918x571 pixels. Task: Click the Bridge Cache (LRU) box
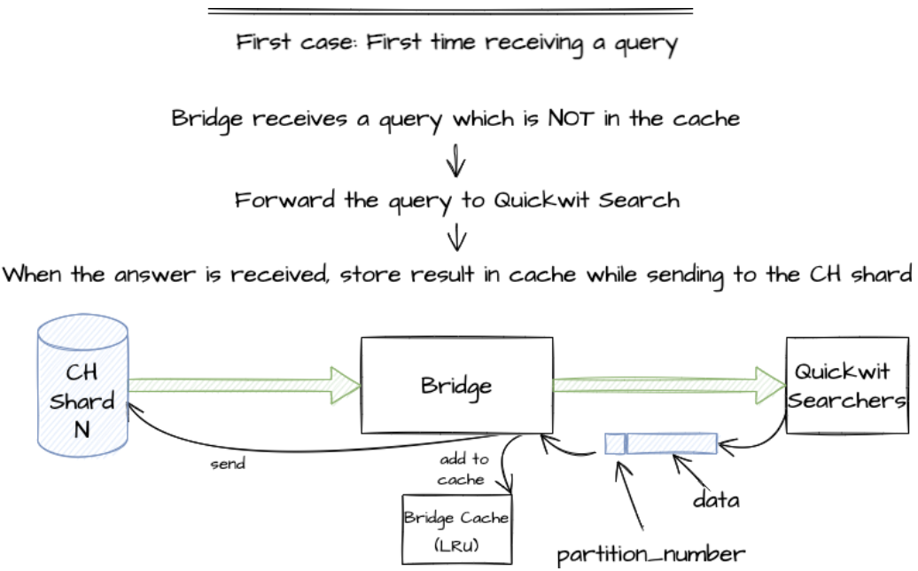[x=456, y=528]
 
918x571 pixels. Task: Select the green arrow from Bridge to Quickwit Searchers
[x=669, y=385]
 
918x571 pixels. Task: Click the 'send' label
[x=228, y=464]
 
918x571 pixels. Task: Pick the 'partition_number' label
[x=650, y=555]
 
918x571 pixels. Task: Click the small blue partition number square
[x=614, y=443]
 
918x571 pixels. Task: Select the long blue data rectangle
[x=672, y=442]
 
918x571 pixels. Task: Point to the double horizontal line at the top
[x=450, y=12]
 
